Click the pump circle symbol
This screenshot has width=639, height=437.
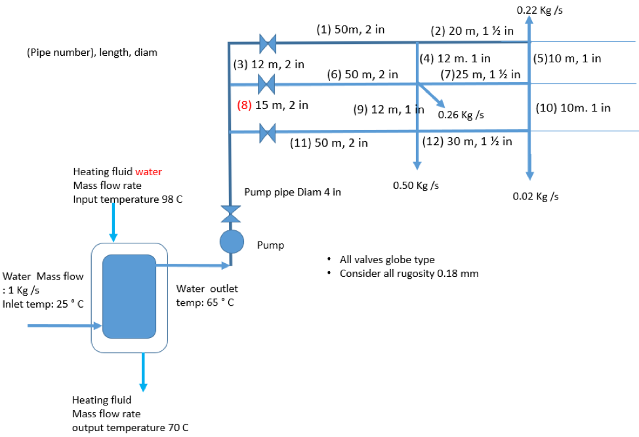coord(231,241)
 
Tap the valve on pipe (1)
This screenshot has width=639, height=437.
coord(267,43)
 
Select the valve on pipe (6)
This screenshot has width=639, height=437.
coord(266,84)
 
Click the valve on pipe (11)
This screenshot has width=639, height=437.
coord(267,133)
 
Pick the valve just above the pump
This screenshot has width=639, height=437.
coord(231,214)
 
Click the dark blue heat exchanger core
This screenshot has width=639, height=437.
coord(129,296)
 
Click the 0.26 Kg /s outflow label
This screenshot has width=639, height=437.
coord(461,115)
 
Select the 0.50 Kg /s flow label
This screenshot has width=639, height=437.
coord(415,185)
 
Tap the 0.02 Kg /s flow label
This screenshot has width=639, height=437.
coord(535,196)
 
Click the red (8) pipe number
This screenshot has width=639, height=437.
coord(244,105)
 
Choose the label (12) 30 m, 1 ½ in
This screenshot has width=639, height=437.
coord(468,141)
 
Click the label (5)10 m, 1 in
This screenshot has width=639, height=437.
coord(567,58)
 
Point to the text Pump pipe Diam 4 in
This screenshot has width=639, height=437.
coord(292,192)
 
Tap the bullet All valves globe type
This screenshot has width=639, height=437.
coord(386,260)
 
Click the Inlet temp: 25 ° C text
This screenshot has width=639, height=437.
coord(43,303)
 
